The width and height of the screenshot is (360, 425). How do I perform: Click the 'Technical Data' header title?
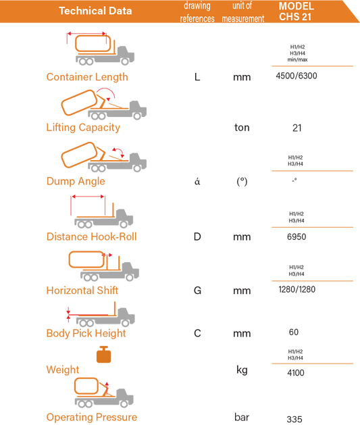coord(95,11)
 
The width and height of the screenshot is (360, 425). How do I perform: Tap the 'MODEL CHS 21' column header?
coord(296,11)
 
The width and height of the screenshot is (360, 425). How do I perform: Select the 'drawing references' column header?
coord(197,12)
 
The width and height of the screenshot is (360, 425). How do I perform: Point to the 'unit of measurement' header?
coord(242,12)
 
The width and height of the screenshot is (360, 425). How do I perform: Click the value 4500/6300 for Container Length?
coord(297,76)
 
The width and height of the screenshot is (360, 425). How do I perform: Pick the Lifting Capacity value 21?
coord(297,128)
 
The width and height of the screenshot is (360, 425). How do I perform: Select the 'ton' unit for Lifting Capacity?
coord(242,128)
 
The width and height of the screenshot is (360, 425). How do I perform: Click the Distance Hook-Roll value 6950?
coord(297,237)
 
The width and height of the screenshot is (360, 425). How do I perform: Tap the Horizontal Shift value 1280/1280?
coord(297,289)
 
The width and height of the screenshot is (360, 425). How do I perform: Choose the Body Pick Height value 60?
coord(294,332)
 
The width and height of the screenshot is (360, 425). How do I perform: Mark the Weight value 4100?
coord(296,373)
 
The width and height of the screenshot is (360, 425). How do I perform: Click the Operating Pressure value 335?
coord(294,420)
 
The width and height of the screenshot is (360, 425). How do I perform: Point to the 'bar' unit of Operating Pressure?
coord(242,417)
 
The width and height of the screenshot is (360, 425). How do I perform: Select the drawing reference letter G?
coord(197,291)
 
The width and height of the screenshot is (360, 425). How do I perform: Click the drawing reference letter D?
coord(197,237)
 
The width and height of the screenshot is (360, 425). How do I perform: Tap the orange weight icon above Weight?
coord(103,354)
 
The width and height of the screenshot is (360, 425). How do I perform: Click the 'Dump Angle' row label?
coord(76,181)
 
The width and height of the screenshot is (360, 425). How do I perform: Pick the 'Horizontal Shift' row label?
coord(82,291)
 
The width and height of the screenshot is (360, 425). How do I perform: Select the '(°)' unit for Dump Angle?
coord(242,181)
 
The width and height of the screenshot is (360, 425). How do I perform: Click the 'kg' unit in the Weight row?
coord(242,370)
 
